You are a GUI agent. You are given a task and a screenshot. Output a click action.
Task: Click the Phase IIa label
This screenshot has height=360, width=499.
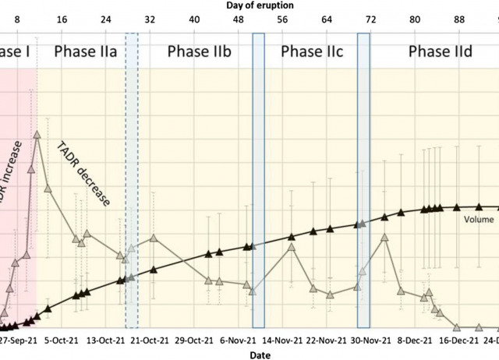click(x=86, y=52)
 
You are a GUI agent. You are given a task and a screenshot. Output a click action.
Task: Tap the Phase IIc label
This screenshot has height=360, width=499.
click(x=312, y=52)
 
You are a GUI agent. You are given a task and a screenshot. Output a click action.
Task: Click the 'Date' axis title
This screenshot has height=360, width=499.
click(x=260, y=355)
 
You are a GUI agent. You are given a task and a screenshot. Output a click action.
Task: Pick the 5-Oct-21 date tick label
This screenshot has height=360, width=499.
click(x=63, y=341)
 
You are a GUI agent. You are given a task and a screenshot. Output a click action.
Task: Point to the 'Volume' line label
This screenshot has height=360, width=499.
click(x=480, y=221)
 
